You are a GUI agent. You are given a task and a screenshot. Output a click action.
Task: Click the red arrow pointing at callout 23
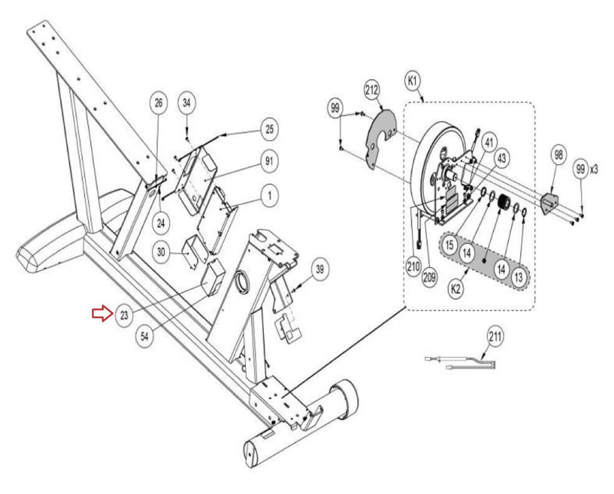point(101,313)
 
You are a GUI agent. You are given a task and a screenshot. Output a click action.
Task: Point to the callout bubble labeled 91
point(269,161)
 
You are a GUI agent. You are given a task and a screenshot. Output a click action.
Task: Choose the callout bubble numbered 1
point(269,196)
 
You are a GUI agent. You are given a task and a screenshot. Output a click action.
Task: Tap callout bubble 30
point(161,252)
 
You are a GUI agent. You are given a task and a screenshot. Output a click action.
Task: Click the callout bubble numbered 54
point(144,336)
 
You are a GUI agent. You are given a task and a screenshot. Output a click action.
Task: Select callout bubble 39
point(320,269)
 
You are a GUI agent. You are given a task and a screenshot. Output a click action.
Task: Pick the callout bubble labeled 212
point(371,90)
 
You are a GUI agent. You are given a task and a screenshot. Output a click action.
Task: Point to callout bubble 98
point(558,155)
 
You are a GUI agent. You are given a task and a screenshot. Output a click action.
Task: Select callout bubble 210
point(413,266)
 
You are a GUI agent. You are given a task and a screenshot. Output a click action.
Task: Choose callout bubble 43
point(502,158)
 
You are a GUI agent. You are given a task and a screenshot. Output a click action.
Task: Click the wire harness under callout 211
point(460,362)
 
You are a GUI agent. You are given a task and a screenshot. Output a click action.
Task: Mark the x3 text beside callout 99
point(594,169)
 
